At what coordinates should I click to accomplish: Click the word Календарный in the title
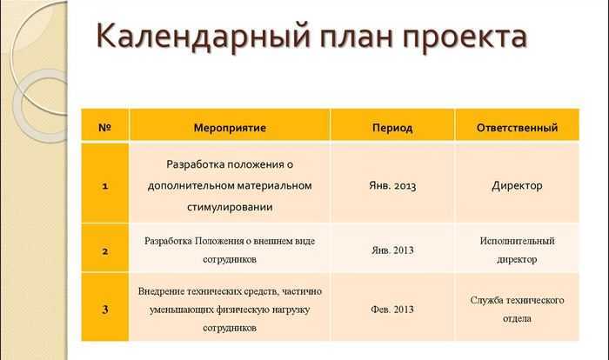coord(204,37)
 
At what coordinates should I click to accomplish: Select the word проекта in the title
coord(464,37)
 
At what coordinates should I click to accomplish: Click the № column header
coord(105,127)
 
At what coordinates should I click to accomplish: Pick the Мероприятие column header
coord(230,128)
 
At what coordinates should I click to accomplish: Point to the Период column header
coord(392,128)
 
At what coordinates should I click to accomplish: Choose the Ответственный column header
coord(517,127)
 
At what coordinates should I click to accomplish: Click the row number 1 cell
coord(105,186)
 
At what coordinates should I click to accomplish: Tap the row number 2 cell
coord(105,251)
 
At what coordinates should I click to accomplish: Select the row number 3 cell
coord(105,310)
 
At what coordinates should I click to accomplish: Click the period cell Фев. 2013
coord(392,310)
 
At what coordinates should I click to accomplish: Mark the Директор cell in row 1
coord(517,185)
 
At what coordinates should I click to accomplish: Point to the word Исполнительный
coord(517,241)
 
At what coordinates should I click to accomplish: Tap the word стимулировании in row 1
coord(230,207)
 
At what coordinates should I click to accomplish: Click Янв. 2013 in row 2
coord(392,250)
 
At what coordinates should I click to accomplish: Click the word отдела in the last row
coord(517,318)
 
